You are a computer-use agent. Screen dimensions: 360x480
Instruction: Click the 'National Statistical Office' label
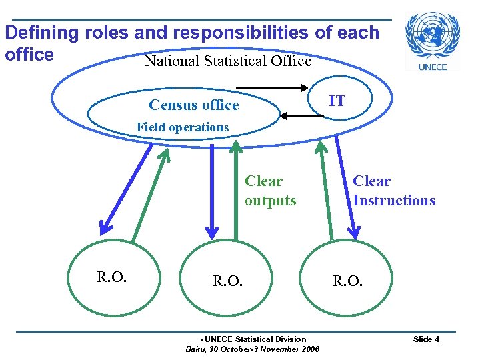[228, 61]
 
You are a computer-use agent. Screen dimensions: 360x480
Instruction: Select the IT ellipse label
[338, 101]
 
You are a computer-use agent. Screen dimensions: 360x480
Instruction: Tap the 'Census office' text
[193, 105]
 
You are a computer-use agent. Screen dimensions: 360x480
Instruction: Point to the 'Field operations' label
[182, 127]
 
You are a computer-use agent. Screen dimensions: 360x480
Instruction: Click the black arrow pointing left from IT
[301, 116]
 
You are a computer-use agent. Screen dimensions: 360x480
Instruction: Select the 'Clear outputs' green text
[269, 191]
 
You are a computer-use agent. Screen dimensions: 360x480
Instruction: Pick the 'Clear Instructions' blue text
[393, 191]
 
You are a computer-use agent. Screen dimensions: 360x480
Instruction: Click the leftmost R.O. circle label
[111, 276]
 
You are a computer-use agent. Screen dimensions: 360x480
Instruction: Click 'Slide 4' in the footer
[426, 339]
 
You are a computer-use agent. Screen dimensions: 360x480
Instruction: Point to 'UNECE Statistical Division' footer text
[254, 339]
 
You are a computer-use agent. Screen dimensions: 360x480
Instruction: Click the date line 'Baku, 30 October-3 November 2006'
[253, 349]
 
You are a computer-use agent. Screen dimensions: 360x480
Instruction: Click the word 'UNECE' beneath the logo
[432, 66]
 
